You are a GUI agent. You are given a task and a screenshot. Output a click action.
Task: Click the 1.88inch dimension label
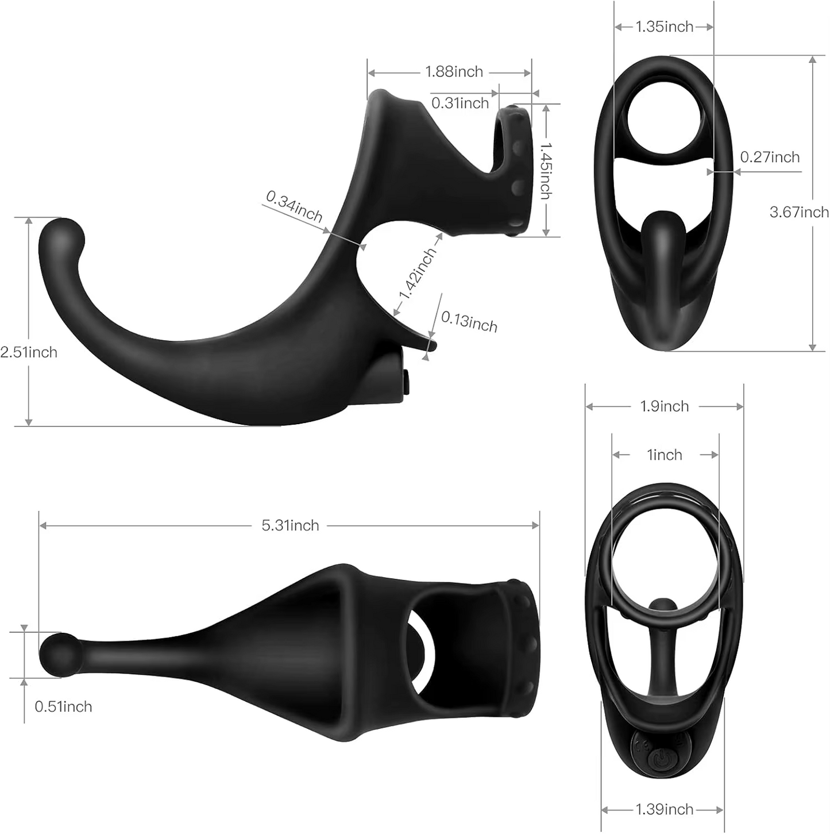[454, 72]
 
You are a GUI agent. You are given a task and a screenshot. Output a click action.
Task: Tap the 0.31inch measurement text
[460, 103]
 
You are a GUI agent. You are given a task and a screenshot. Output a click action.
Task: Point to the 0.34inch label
[294, 206]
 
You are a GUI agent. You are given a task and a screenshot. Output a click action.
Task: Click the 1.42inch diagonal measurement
[418, 274]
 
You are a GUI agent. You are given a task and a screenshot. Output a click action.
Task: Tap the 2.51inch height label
[29, 352]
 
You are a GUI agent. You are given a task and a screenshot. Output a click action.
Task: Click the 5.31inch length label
[290, 525]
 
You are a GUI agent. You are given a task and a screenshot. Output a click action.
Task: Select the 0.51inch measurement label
[63, 706]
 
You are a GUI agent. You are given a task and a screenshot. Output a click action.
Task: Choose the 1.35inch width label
[665, 26]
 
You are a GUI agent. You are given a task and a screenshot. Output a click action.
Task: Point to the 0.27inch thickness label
[770, 157]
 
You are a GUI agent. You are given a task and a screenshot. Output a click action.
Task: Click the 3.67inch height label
[799, 212]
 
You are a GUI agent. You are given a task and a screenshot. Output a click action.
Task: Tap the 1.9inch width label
[665, 406]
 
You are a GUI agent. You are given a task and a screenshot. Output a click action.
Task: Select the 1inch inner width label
[665, 455]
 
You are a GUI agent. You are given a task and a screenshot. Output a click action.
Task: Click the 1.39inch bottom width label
[665, 809]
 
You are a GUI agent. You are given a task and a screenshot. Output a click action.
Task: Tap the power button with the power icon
[659, 760]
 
